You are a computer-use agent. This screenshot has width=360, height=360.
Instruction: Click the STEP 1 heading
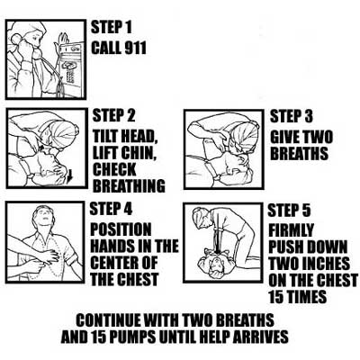point(112,27)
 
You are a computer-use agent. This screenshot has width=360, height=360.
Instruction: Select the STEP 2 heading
point(113,115)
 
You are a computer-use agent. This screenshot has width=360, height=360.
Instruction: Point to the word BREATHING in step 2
point(129,185)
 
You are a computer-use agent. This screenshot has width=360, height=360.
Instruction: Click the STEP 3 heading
point(292,116)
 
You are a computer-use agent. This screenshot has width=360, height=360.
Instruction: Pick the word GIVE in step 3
point(284,138)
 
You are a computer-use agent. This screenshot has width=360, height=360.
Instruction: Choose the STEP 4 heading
point(111,209)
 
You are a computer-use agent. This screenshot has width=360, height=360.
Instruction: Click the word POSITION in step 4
point(121,229)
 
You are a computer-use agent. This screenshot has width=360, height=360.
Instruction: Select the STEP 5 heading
point(289,211)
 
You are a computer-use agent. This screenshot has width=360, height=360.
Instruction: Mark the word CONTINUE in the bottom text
point(109,320)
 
